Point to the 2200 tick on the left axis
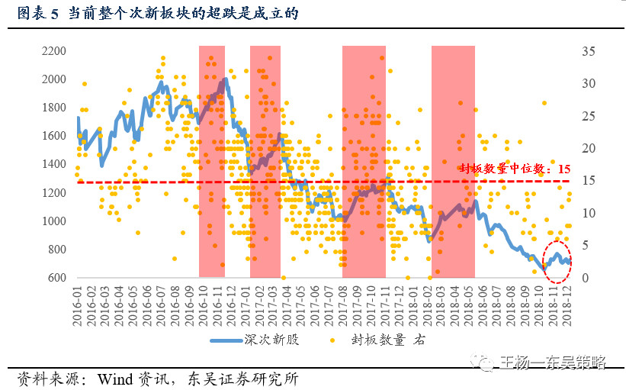pyautogui.click(x=53, y=51)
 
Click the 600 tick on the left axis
pyautogui.click(x=56, y=278)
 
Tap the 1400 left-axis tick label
pyautogui.click(x=53, y=164)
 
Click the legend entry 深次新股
pyautogui.click(x=276, y=340)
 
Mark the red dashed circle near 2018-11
pyautogui.click(x=557, y=260)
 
